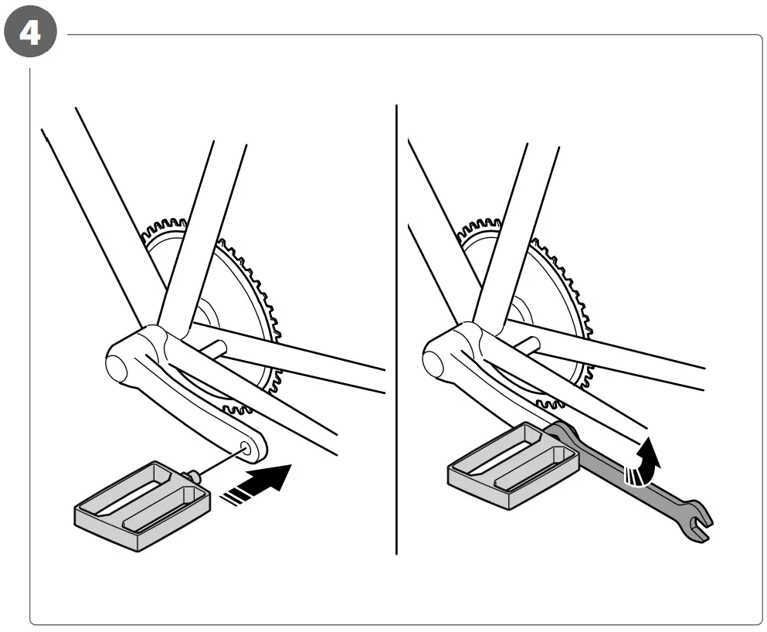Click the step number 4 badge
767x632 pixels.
pos(30,36)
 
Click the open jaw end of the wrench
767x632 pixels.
pos(700,522)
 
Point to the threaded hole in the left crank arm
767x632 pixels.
pos(246,446)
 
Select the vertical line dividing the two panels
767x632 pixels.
pos(396,324)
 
